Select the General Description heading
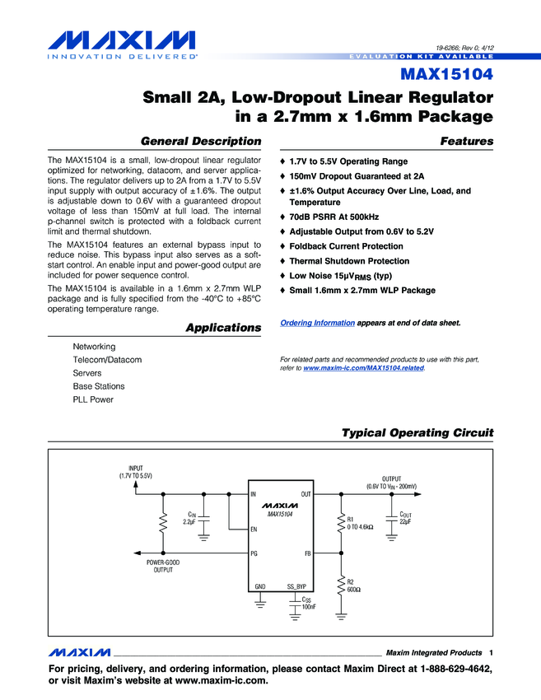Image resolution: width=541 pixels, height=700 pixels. point(201,141)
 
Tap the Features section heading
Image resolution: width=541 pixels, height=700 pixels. point(467,141)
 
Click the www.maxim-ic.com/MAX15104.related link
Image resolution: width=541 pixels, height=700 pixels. point(364,368)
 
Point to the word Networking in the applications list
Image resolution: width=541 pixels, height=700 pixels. point(94,347)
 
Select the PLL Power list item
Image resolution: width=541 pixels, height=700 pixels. point(93,399)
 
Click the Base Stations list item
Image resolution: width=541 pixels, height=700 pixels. point(99,386)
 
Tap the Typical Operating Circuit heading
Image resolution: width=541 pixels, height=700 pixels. point(417,433)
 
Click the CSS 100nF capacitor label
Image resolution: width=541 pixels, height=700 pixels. point(308,604)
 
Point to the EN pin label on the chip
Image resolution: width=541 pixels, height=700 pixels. point(254,529)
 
